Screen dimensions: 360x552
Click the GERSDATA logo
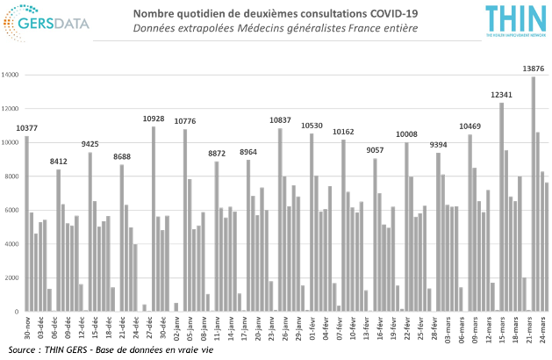coord(48,24)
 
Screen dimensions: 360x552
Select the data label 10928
coord(154,118)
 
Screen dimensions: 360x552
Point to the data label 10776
coord(185,120)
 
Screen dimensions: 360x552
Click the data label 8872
coord(217,153)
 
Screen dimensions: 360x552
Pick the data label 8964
coord(248,151)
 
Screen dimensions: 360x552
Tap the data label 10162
coord(343,131)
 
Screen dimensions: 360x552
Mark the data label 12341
coord(501,94)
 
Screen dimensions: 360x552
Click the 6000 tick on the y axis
coord(11,210)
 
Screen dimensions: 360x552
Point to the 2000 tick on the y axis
coord(11,277)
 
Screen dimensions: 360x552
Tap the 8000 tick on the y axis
coord(11,176)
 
